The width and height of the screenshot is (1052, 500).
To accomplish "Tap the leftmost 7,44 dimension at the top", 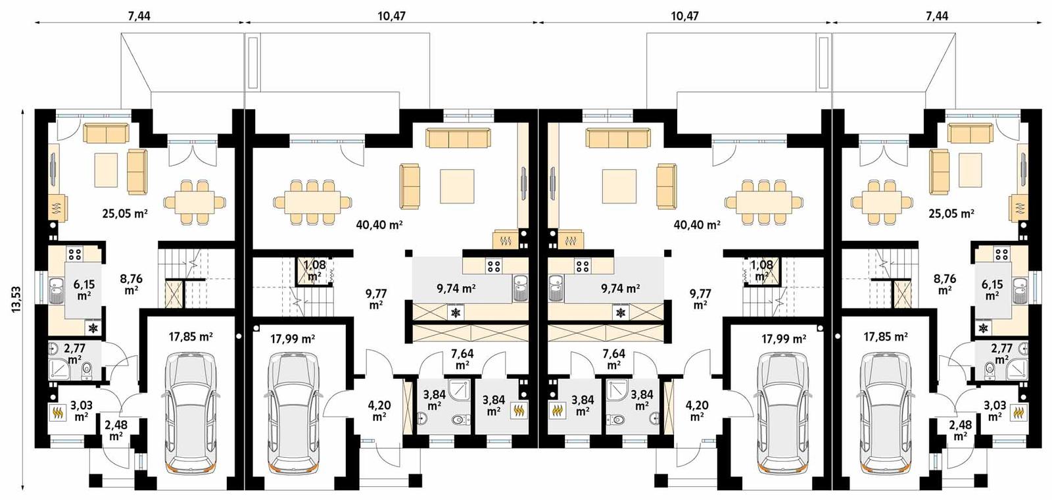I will [x=139, y=16].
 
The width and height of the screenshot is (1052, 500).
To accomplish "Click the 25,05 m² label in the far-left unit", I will [x=124, y=213].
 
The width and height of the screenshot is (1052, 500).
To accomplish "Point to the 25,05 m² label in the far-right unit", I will [x=951, y=213].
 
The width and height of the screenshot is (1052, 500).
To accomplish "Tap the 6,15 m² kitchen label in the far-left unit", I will [x=84, y=289].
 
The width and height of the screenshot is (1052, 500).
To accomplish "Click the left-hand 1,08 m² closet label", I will [x=314, y=270].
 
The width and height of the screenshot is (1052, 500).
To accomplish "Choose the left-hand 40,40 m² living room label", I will [x=379, y=224].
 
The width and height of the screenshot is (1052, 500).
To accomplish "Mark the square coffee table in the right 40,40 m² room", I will [x=619, y=186].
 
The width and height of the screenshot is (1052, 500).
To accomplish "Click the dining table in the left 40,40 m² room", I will [x=313, y=200].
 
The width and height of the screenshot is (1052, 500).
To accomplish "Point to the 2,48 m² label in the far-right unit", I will [x=960, y=430].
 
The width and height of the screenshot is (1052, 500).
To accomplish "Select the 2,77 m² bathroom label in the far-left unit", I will [x=74, y=354].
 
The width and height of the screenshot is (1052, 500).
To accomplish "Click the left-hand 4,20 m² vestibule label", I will [x=379, y=411].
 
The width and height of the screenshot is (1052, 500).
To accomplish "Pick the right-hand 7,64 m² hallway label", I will [x=614, y=359].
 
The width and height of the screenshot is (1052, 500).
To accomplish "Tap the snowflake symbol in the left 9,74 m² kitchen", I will [x=454, y=312].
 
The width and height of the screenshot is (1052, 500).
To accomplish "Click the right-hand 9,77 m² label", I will [x=700, y=299].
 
